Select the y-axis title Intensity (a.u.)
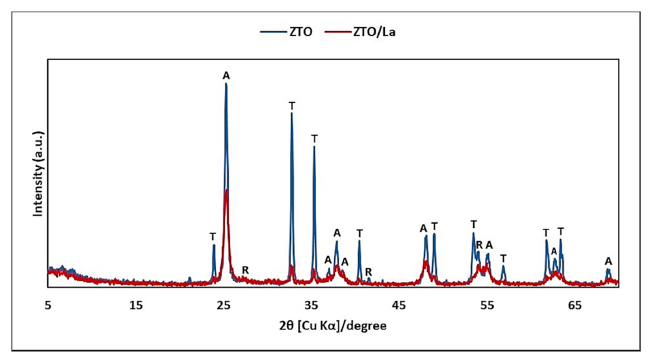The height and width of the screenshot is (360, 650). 38,174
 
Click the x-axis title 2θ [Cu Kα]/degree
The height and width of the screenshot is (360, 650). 333,325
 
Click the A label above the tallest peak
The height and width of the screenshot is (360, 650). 226,75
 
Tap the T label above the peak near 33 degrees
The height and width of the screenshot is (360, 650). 292,105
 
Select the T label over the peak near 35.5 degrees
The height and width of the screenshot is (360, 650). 315,138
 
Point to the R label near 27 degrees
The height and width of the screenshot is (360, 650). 245,270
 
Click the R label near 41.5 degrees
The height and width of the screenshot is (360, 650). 369,272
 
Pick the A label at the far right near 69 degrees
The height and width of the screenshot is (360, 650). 608,261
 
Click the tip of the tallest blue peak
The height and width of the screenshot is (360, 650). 226,84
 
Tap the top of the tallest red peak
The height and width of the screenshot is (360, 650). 226,190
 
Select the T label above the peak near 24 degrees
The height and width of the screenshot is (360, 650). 213,236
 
